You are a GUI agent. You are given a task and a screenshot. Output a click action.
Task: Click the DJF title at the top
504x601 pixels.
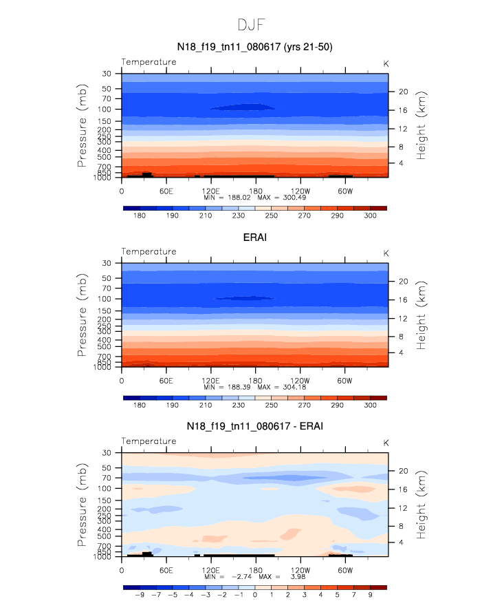coord(252,25)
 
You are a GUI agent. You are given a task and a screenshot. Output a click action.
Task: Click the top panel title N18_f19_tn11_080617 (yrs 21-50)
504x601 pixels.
coord(255,47)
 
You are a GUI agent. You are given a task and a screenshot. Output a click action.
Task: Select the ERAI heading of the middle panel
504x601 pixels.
coord(255,237)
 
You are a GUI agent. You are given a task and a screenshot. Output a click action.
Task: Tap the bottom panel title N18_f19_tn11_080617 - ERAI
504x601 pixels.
coord(255,427)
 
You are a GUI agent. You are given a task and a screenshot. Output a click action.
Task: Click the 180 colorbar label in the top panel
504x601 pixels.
coord(140,215)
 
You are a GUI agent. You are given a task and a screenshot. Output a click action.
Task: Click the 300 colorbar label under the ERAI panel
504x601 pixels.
coord(370,405)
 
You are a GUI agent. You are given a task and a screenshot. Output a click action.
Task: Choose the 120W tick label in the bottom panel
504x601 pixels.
coord(300,569)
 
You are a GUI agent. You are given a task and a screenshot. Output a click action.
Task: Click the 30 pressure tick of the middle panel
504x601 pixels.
coord(107,263)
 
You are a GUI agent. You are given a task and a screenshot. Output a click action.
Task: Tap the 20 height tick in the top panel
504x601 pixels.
coord(404,91)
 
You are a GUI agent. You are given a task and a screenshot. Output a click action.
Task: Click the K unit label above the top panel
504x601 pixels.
coord(385,63)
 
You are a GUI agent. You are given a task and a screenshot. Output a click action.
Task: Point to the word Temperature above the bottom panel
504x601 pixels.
coord(149,441)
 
